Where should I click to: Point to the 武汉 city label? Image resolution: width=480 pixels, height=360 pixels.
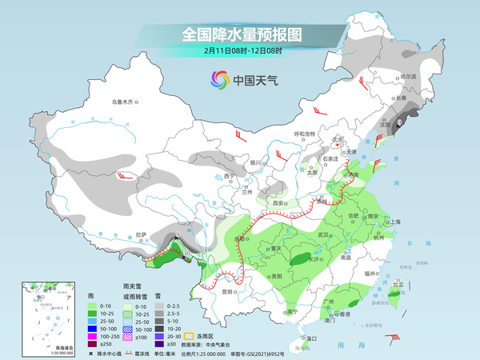coord(324,234)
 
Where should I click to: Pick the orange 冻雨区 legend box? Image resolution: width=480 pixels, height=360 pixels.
coord(189,316)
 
